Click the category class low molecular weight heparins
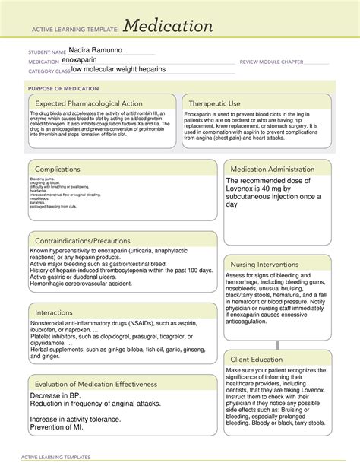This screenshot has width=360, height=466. [119, 69]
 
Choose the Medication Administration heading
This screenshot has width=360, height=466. [277, 169]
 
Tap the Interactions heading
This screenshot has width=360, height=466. [58, 312]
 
